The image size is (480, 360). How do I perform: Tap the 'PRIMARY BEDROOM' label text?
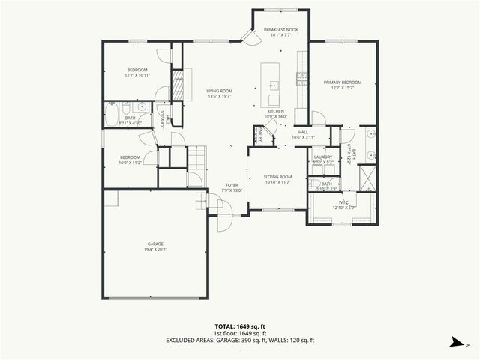(x=342, y=82)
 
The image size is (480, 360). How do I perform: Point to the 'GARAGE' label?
(x=155, y=244)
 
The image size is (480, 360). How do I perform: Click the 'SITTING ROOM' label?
(x=277, y=177)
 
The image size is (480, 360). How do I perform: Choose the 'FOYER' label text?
(x=232, y=184)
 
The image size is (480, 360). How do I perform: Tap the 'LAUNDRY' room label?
(x=323, y=157)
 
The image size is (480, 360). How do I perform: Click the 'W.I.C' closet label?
(x=343, y=202)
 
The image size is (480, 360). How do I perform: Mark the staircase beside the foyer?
(x=196, y=158)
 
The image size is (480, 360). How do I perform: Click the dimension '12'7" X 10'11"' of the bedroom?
(x=136, y=75)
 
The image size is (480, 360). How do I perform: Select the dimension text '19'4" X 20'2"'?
(x=155, y=249)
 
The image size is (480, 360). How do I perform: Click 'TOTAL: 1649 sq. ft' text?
(x=240, y=326)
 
